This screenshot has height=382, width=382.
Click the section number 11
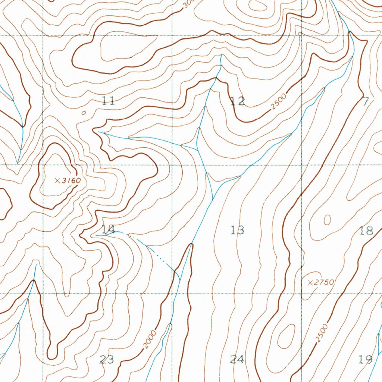click(x=108, y=100)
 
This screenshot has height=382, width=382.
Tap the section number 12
click(x=238, y=101)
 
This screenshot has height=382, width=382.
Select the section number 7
click(x=366, y=100)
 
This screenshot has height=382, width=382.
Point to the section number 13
click(x=237, y=230)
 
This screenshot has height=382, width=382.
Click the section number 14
click(x=108, y=229)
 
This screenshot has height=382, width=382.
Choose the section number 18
click(x=367, y=231)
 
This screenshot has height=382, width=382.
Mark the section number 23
click(x=107, y=359)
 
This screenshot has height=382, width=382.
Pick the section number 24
click(x=237, y=359)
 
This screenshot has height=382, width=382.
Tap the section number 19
click(x=365, y=359)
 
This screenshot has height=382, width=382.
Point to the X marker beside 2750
click(x=310, y=283)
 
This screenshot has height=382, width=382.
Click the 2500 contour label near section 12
click(x=279, y=101)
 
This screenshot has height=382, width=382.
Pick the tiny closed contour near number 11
click(x=83, y=112)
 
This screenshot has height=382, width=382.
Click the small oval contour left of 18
click(x=327, y=220)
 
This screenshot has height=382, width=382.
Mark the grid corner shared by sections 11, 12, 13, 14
click(x=172, y=165)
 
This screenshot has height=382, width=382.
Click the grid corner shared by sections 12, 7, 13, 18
click(x=301, y=165)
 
